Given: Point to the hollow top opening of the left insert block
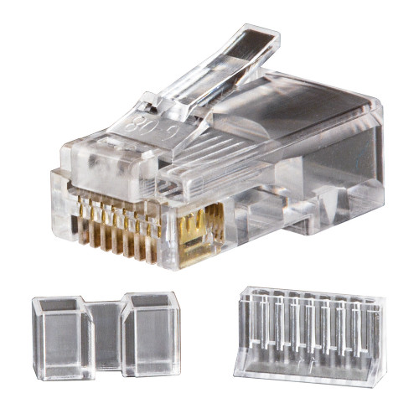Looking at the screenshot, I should click(62, 304).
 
